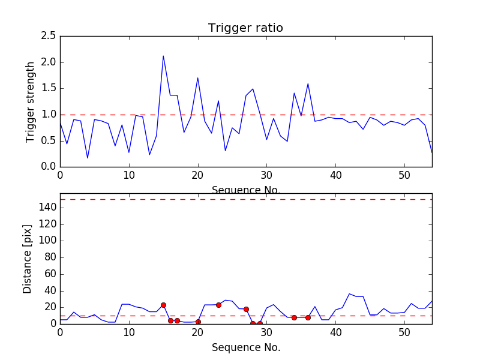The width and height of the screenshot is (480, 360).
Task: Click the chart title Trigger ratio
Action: [x=245, y=28]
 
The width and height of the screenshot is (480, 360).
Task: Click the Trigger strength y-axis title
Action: [x=31, y=101]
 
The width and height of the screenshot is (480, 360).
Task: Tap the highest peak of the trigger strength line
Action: [x=163, y=56]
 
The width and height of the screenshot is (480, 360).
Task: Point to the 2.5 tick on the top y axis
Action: [x=49, y=36]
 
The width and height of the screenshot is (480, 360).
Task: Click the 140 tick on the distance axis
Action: [x=46, y=208]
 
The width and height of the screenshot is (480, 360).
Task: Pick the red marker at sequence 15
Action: [x=163, y=305]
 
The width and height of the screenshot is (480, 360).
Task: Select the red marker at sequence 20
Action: [x=198, y=322]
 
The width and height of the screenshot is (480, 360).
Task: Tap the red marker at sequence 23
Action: [x=218, y=305]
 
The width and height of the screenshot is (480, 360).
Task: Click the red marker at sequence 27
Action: [x=246, y=309]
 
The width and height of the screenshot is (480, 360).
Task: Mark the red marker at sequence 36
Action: [x=308, y=317]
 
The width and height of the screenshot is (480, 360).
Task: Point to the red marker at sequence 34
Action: [x=294, y=317]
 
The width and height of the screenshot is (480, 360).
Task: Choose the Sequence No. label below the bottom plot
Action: [x=246, y=347]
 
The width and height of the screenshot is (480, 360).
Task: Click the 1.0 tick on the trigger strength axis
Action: [x=49, y=115]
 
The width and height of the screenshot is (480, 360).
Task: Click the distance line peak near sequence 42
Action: [x=349, y=294]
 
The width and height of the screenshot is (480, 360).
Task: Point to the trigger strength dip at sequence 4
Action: [x=88, y=158]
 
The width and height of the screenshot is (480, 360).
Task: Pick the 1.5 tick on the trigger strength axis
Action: [x=49, y=88]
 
